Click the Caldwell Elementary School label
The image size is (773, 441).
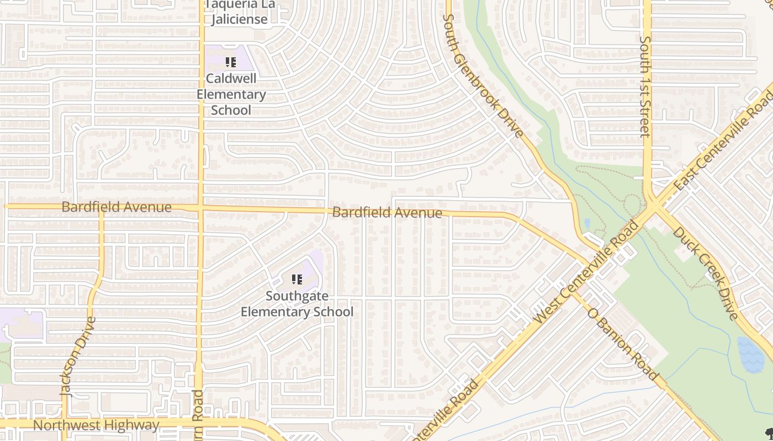pos(231,94)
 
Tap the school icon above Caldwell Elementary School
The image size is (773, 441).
pos(231,62)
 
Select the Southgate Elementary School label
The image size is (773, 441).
pos(297,304)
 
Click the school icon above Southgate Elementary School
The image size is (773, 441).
pos(297,279)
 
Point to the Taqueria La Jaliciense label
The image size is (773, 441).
pos(240,12)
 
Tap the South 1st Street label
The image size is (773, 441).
pos(645,87)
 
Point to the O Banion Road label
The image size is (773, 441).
pos(623,344)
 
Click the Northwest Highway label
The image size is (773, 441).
pos(96,425)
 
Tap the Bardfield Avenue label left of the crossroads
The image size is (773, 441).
pos(117,207)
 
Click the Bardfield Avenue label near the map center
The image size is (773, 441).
pos(387,212)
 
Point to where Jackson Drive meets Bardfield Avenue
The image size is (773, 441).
pos(102,208)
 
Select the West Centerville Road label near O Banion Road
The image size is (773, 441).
pos(587,273)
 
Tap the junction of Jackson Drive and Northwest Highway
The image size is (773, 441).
pos(64,423)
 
